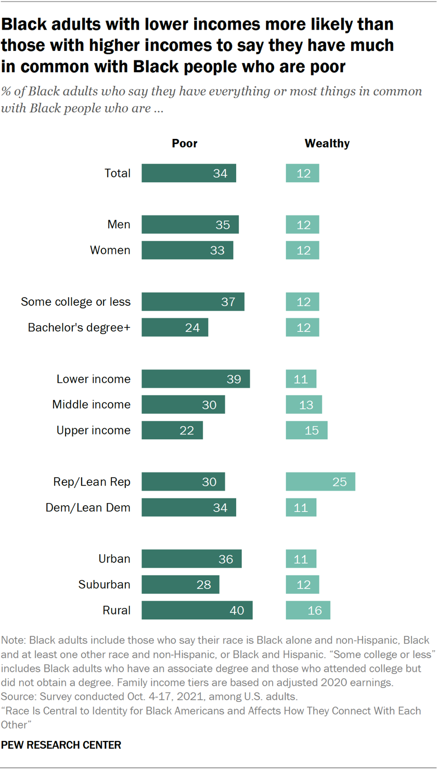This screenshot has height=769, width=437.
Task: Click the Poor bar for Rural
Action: coord(197,610)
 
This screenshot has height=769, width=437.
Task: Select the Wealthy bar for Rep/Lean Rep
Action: coord(320,482)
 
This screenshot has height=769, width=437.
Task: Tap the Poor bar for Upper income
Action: coord(172,430)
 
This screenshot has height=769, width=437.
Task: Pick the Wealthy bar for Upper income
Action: coord(306,430)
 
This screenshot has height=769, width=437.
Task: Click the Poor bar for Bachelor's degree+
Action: coord(174,327)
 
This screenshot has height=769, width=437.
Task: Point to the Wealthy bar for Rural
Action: coord(308,610)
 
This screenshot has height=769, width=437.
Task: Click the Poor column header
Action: coord(185,144)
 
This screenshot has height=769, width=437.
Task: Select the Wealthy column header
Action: coord(327,144)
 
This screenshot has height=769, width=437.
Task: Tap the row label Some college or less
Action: coord(75,302)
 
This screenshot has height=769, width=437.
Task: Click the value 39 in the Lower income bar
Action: coord(234,379)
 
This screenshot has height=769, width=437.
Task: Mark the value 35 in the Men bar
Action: coord(224,225)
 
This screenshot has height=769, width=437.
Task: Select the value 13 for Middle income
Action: coord(304,404)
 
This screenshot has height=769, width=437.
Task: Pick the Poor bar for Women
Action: coord(187,250)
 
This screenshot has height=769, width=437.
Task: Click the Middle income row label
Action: coord(91,404)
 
